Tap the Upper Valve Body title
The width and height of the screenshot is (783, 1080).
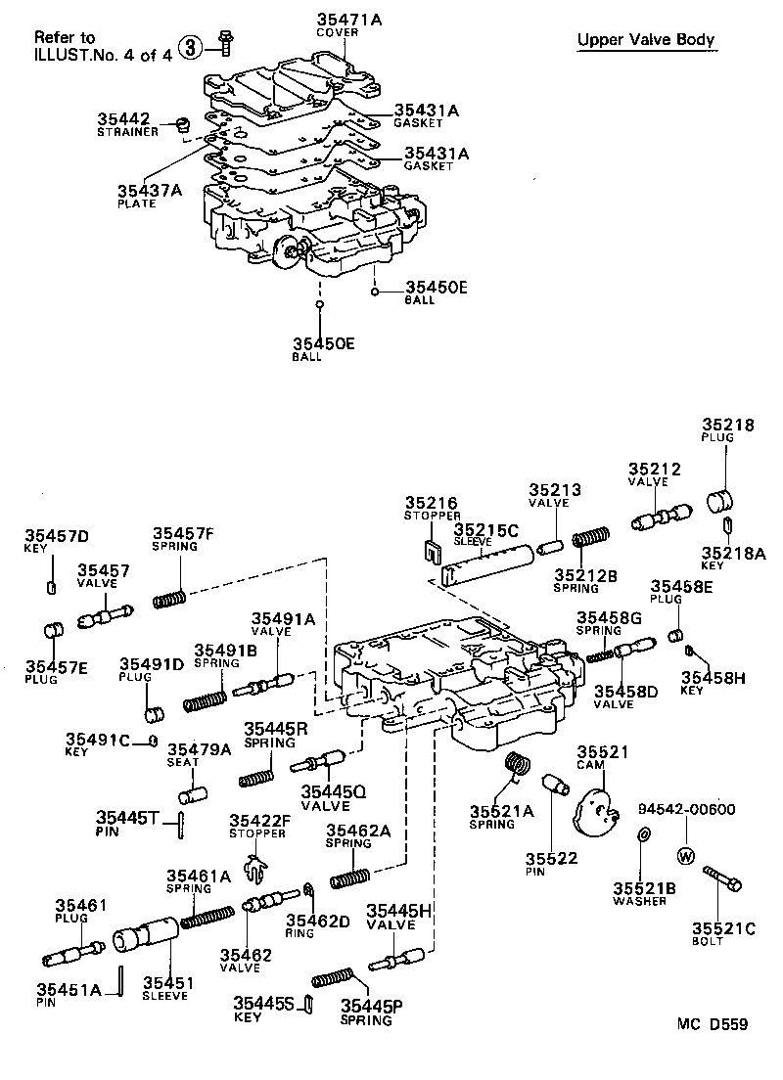pyautogui.click(x=645, y=40)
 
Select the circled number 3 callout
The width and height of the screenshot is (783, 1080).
pyautogui.click(x=193, y=45)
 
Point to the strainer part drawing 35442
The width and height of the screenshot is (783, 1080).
pyautogui.click(x=182, y=123)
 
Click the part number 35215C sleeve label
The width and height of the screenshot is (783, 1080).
pyautogui.click(x=485, y=529)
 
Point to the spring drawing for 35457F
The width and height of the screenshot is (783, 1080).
pyautogui.click(x=170, y=597)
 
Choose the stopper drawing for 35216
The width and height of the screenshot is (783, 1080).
pyautogui.click(x=431, y=552)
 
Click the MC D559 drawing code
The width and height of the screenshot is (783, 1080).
pyautogui.click(x=712, y=1024)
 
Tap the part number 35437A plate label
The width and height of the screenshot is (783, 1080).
pyautogui.click(x=149, y=191)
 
